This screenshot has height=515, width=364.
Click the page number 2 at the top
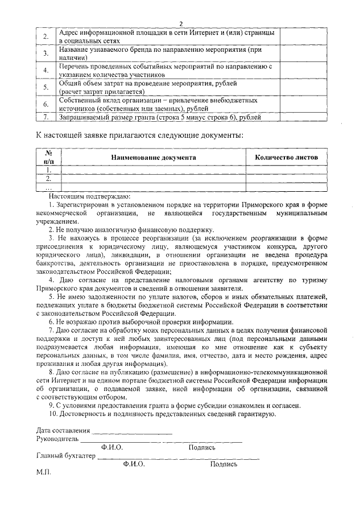coord(181,23)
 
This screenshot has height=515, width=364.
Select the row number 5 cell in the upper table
coord(46,87)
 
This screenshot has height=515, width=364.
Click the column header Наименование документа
coord(154,157)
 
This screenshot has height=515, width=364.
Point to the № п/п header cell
coord(48,157)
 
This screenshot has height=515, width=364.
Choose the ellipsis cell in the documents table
coord(48,187)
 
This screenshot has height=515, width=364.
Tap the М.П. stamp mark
coord(43,472)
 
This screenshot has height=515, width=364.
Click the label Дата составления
coord(63,430)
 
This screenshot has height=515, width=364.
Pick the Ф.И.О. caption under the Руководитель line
coord(112,447)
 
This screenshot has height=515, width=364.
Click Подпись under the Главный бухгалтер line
coord(224,464)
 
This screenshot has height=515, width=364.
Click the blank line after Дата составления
coord(132,431)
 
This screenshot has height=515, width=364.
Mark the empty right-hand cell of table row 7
coord(303,117)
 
